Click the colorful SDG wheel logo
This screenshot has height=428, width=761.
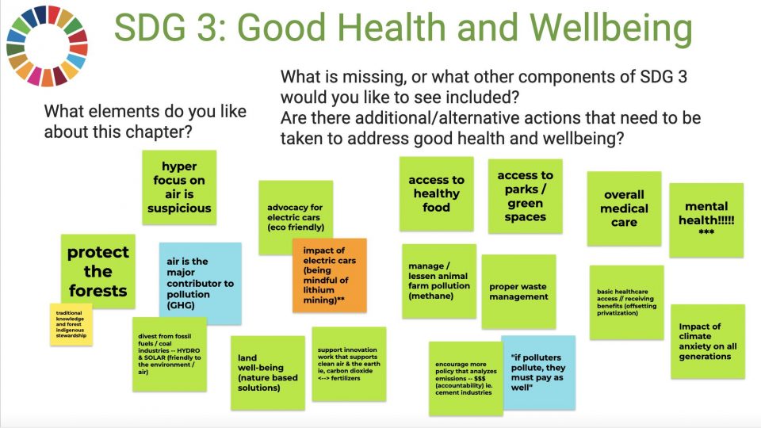(47, 46)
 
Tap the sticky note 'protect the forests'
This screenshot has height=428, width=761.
(98, 271)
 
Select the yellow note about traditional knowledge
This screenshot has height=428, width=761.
(71, 324)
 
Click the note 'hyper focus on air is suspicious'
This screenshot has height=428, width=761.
(179, 187)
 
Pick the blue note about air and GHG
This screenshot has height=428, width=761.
(200, 284)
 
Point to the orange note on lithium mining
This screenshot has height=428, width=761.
(330, 275)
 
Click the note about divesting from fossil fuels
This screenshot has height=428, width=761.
(170, 354)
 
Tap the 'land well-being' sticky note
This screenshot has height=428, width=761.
(268, 373)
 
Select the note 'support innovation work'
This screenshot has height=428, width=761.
(349, 364)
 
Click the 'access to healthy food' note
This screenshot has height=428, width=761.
(436, 193)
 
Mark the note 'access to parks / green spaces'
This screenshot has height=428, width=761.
(525, 196)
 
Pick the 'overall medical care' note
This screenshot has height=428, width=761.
(624, 208)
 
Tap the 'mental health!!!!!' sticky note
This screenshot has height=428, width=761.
(706, 220)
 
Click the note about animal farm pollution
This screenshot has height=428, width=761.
(439, 281)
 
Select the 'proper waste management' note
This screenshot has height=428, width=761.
(518, 292)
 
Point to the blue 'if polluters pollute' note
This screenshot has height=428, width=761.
(539, 373)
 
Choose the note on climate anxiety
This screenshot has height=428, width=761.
(708, 342)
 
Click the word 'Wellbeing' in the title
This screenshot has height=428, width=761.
(611, 28)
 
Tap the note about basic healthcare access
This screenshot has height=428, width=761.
(626, 302)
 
